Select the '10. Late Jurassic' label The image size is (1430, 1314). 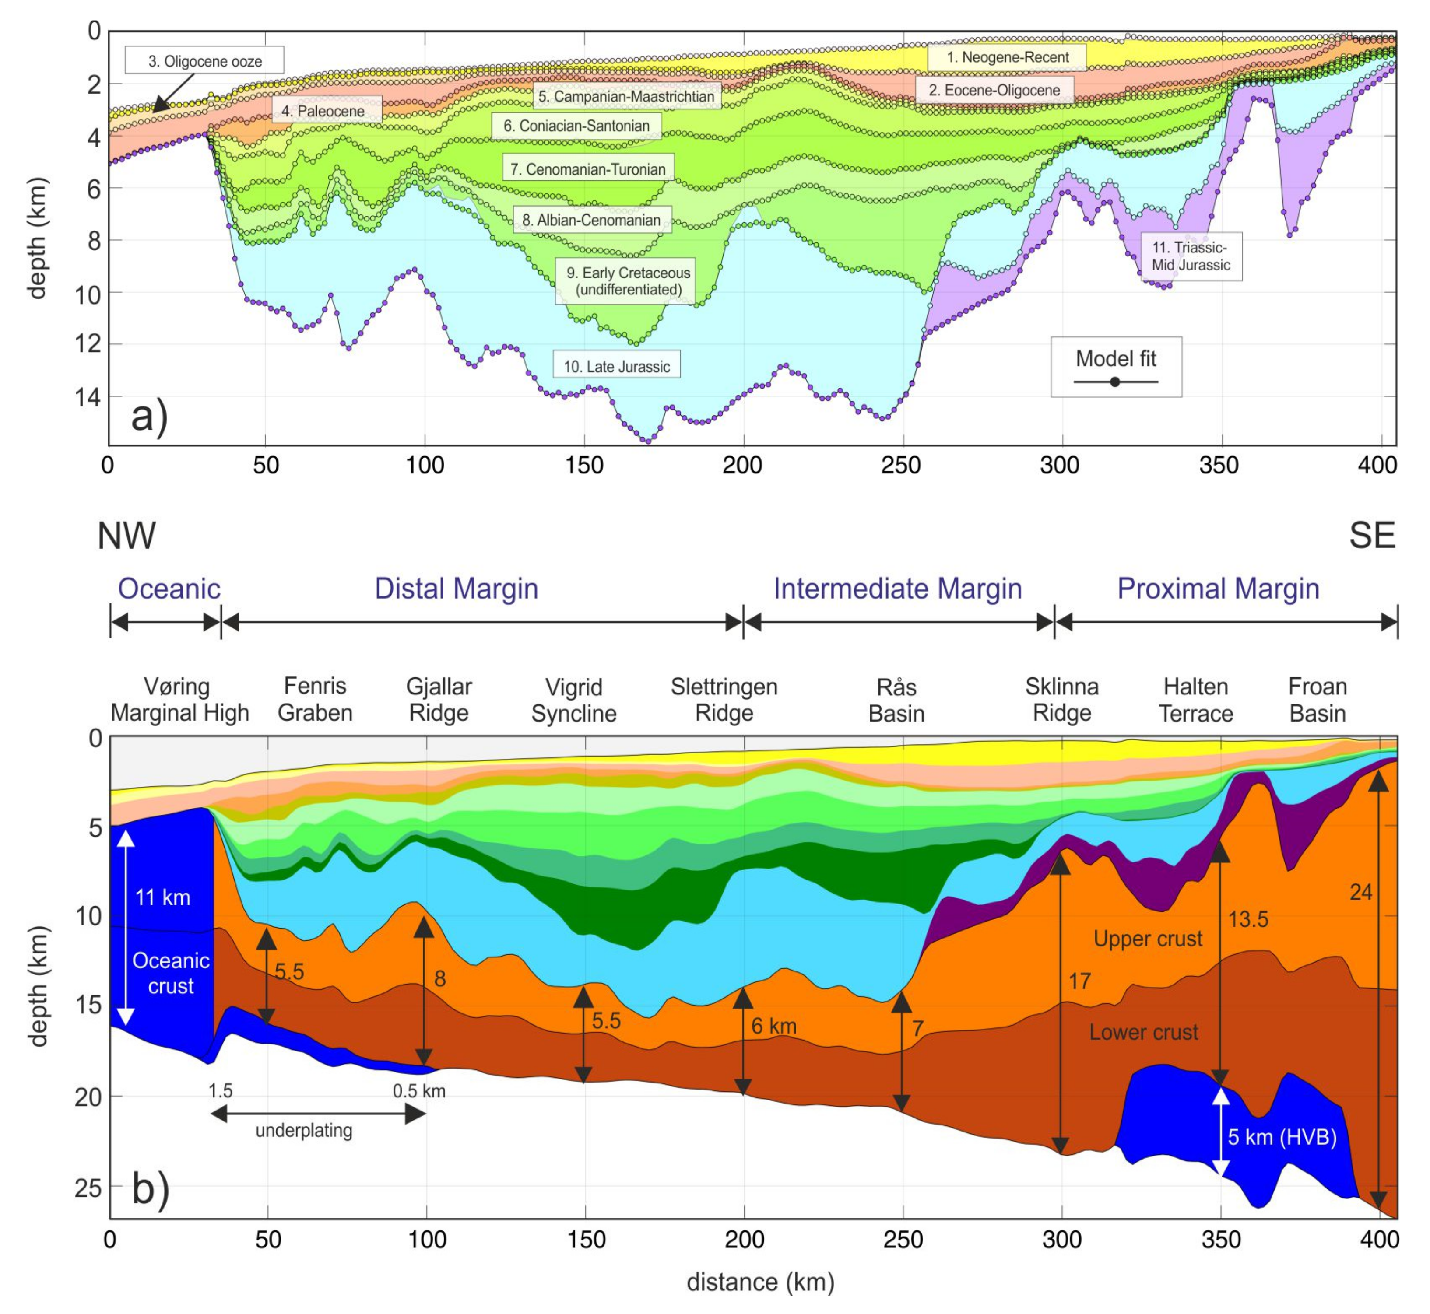616,367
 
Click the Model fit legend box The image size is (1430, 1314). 1116,366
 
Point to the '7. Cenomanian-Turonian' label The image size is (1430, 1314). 588,169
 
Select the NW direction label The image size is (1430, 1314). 126,536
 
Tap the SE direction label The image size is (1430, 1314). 1372,536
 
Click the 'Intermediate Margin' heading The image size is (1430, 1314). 897,589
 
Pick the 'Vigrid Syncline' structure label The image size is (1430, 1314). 574,701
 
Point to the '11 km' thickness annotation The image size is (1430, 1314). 163,897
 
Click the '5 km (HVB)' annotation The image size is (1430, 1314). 1282,1137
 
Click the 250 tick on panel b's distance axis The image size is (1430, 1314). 903,1239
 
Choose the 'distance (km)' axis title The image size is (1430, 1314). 760,1282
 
